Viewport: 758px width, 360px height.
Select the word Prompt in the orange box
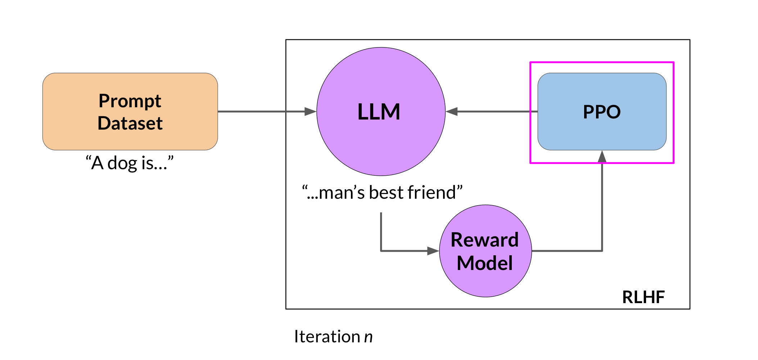[x=130, y=101]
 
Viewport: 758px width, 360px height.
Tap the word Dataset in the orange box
[x=130, y=123]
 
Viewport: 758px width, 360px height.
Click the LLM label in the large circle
[x=379, y=112]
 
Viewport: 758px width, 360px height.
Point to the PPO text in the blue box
[x=602, y=112]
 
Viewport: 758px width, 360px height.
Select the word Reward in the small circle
[x=484, y=240]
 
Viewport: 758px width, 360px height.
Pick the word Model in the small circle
[x=484, y=263]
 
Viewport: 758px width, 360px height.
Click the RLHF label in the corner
[x=643, y=297]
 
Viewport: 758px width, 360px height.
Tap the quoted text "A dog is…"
[x=130, y=163]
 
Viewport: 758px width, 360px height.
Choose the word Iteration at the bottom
[x=327, y=337]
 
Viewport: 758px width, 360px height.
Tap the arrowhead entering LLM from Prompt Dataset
[x=310, y=112]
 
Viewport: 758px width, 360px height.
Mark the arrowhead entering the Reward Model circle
[x=433, y=251]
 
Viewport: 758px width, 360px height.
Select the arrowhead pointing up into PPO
[x=602, y=157]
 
